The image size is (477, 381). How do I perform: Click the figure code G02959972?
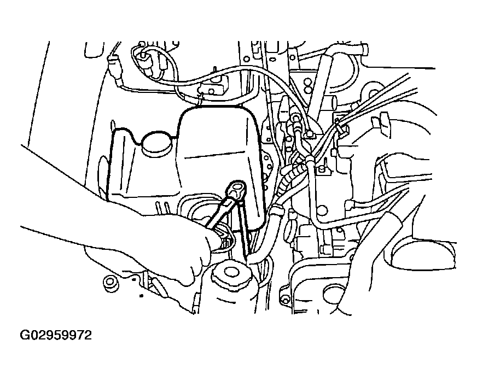tap(56, 336)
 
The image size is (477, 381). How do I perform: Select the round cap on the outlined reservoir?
tap(156, 144)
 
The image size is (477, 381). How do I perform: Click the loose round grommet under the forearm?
tap(110, 283)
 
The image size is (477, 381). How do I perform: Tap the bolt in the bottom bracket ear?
tap(285, 300)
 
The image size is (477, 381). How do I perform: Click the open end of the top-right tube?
tap(365, 49)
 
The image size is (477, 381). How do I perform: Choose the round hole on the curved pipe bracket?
tap(322, 210)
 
